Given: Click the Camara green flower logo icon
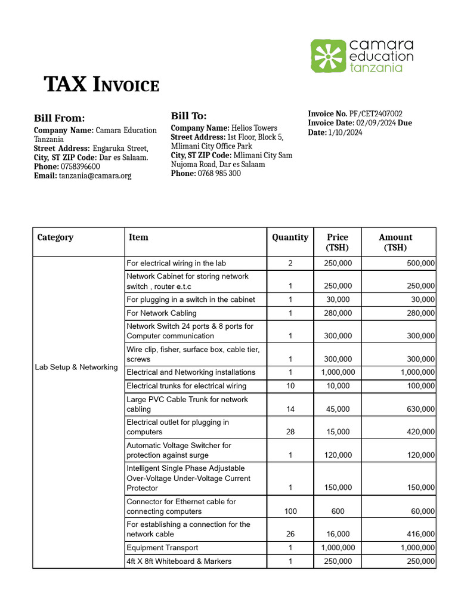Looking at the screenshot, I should pyautogui.click(x=328, y=56).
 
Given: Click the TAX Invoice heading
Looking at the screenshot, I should pyautogui.click(x=102, y=85).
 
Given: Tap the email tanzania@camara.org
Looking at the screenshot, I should pyautogui.click(x=95, y=175).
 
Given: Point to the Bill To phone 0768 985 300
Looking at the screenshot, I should pyautogui.click(x=219, y=173).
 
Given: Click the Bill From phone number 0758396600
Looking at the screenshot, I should pyautogui.click(x=78, y=166).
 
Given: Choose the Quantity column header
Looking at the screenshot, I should pyautogui.click(x=290, y=237).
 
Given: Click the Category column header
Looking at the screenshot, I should pyautogui.click(x=55, y=237).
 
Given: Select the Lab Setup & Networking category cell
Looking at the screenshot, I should pyautogui.click(x=76, y=367).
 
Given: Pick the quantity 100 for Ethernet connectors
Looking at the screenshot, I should pyautogui.click(x=290, y=511).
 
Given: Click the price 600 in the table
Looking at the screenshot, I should pyautogui.click(x=338, y=511).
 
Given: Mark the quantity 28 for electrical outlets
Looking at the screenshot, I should pyautogui.click(x=290, y=432).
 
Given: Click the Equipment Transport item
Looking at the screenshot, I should pyautogui.click(x=162, y=547).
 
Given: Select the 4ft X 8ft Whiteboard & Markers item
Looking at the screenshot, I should pyautogui.click(x=179, y=561).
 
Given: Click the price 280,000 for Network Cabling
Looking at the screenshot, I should pyautogui.click(x=338, y=313).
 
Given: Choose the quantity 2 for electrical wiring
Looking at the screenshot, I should pyautogui.click(x=290, y=263).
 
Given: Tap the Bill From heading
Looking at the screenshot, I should pyautogui.click(x=59, y=118).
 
